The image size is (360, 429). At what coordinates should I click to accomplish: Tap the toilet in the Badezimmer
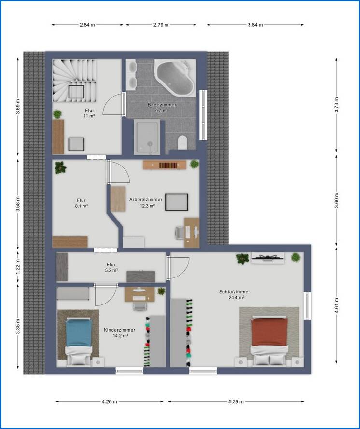182,143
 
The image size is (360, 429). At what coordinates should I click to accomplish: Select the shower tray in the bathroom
147,137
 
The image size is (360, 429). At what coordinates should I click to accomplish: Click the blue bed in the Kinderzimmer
79,341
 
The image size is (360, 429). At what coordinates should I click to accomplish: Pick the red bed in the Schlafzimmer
269,340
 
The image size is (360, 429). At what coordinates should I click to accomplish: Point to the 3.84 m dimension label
255,25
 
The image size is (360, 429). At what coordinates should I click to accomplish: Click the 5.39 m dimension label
236,401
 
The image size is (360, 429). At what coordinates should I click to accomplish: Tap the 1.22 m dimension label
18,267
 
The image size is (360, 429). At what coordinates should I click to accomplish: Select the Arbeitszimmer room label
146,199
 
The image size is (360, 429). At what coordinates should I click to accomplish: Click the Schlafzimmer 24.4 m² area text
236,297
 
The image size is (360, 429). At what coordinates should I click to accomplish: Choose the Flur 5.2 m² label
111,267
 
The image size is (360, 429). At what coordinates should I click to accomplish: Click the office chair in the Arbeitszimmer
180,233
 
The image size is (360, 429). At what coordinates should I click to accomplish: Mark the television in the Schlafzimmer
268,258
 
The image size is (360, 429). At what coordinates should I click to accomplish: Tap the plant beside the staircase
57,114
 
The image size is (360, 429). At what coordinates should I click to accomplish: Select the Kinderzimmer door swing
106,295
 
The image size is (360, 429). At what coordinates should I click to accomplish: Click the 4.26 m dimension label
110,401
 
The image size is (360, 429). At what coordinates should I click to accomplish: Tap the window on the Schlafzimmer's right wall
307,306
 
